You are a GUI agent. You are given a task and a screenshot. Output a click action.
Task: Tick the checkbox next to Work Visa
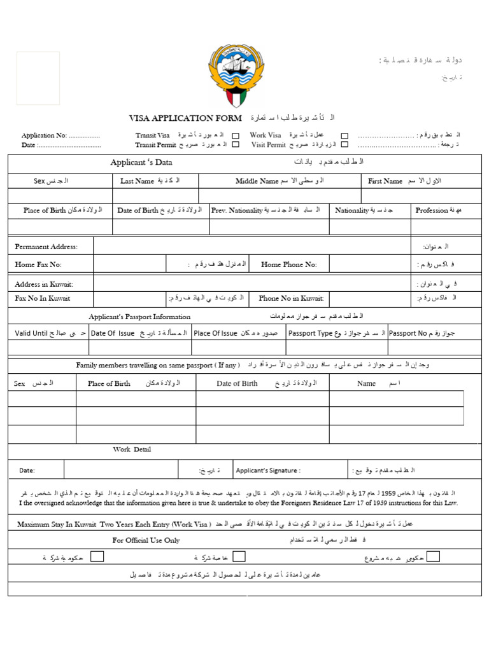tap(344, 135)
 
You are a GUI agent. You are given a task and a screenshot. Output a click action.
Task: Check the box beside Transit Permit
tap(236, 144)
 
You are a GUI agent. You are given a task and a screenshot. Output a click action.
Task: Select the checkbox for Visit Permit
tap(344, 144)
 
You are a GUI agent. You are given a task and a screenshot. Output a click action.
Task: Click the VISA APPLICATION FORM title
tap(185, 118)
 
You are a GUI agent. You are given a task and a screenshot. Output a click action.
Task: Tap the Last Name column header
tap(137, 181)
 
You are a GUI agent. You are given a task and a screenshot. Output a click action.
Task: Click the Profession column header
tap(432, 210)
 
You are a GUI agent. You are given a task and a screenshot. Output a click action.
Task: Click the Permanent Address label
tap(46, 247)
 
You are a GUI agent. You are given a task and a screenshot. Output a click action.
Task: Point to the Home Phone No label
tap(288, 264)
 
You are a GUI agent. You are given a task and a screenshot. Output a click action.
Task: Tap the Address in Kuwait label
tap(44, 284)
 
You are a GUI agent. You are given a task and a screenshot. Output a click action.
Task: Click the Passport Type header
tap(310, 332)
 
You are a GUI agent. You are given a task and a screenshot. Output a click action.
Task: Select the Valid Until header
tap(31, 332)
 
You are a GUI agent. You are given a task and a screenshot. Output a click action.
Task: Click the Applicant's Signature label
tap(267, 470)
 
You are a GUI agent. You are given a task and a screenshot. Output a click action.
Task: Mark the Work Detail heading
tap(132, 449)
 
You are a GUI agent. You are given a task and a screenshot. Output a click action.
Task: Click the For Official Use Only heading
tap(146, 540)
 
